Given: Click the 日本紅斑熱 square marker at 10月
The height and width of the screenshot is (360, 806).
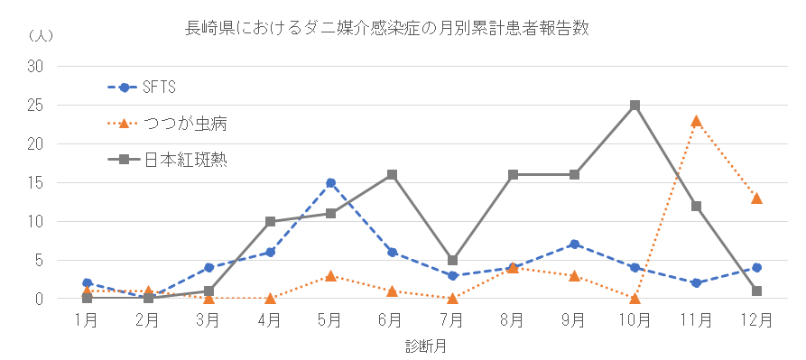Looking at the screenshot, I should pyautogui.click(x=635, y=105).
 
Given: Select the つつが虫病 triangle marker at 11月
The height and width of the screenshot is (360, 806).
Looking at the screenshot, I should pyautogui.click(x=696, y=120).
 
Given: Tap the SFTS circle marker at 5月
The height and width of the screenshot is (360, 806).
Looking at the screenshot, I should pyautogui.click(x=331, y=182).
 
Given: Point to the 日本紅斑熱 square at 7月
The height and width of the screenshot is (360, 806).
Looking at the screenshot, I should pyautogui.click(x=453, y=260).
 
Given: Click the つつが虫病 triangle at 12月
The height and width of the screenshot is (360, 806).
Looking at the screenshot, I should pyautogui.click(x=757, y=198).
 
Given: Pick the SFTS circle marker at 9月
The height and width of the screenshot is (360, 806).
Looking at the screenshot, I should pyautogui.click(x=575, y=245).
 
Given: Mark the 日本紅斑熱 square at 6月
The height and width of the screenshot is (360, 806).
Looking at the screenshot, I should pyautogui.click(x=392, y=174).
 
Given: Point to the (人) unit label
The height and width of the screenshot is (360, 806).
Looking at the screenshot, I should pyautogui.click(x=41, y=36).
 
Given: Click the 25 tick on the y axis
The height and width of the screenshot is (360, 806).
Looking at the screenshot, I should pyautogui.click(x=36, y=105).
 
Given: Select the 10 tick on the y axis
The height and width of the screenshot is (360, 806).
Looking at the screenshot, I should pyautogui.click(x=36, y=221).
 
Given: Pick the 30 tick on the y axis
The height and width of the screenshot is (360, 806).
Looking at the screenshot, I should pyautogui.click(x=36, y=66).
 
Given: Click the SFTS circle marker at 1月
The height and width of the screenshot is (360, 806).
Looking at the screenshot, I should pyautogui.click(x=87, y=283).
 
